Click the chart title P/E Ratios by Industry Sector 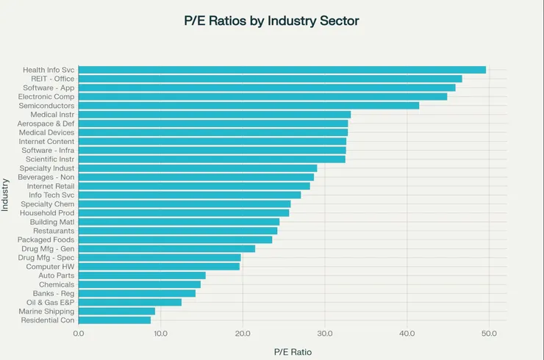tap(271, 21)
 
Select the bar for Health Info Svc tap(282, 70)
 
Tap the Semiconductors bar tap(248, 106)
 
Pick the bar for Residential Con tap(115, 320)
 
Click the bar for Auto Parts tap(142, 276)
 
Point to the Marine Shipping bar tap(117, 312)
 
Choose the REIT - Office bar tap(270, 79)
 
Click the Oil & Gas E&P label tap(51, 302)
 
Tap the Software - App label tap(49, 87)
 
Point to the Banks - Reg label tap(53, 293)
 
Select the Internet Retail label tap(50, 186)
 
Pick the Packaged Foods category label tap(46, 240)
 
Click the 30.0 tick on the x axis tap(324, 334)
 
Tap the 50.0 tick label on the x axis tap(489, 334)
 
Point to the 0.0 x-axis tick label tap(79, 334)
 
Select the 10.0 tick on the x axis tap(160, 334)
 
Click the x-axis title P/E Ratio tap(293, 352)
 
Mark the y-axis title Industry tap(5, 195)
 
